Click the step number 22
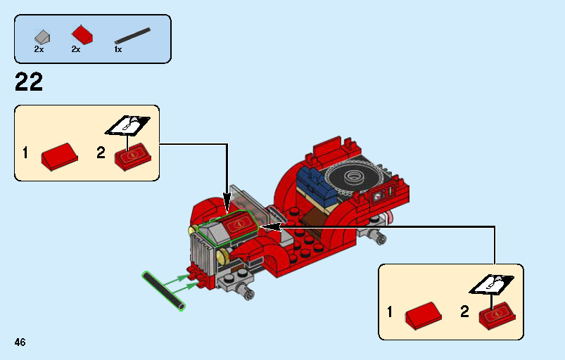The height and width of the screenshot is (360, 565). click(29, 82)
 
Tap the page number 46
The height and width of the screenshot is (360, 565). click(20, 342)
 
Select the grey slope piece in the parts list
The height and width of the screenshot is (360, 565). click(42, 37)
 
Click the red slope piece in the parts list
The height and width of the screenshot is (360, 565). click(82, 35)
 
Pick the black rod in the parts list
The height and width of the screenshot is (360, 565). click(132, 36)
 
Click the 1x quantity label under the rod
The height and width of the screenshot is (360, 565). click(118, 50)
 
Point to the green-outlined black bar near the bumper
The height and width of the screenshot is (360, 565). click(164, 291)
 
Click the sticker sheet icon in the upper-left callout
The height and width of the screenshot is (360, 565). click(128, 126)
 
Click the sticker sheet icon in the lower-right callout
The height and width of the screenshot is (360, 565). click(492, 284)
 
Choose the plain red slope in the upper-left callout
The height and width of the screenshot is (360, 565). click(59, 157)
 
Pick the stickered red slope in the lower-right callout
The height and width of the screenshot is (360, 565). click(497, 316)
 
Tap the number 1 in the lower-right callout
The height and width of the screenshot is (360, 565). click(390, 311)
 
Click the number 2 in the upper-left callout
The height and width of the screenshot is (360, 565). click(101, 153)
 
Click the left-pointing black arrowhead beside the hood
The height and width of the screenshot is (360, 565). click(270, 227)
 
